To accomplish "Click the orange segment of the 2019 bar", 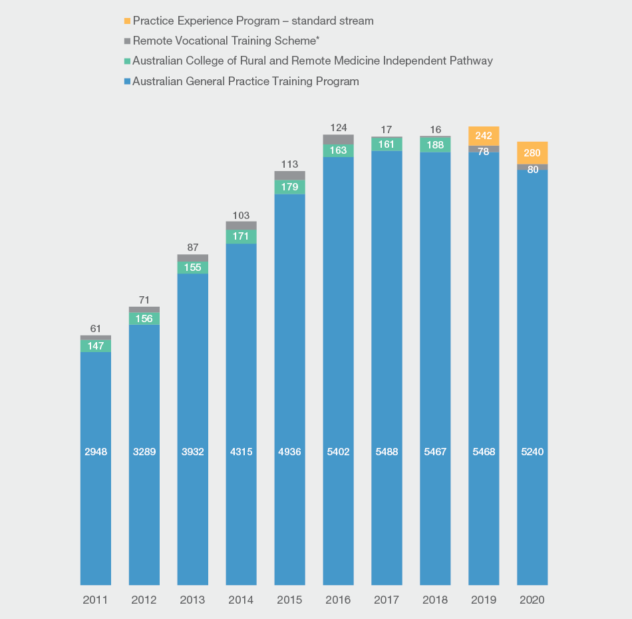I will coord(484,136).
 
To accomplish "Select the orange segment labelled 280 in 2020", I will coord(532,152).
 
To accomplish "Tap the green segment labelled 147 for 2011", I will coord(96,346).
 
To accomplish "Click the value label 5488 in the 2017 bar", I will coord(387,452).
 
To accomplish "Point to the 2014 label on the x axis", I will coord(241,600).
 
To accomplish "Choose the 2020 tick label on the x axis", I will coord(532,600).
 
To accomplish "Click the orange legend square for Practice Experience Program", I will coord(127,21).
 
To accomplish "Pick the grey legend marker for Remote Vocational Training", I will coord(127,41).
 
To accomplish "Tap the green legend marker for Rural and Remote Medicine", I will coord(127,61).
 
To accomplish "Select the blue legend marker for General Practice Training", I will coord(127,82).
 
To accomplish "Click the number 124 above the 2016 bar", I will coord(339,127).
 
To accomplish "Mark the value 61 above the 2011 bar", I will coord(96,328).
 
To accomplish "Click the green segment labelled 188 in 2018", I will coord(436,144).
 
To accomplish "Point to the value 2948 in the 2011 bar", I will coord(96,452).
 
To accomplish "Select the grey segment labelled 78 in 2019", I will coord(484,149).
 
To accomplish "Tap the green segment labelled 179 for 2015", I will coord(290,187).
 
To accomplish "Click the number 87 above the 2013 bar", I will coord(193,247).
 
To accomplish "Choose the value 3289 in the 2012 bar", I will coord(144,452).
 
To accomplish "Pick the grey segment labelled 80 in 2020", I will coord(532,167).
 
